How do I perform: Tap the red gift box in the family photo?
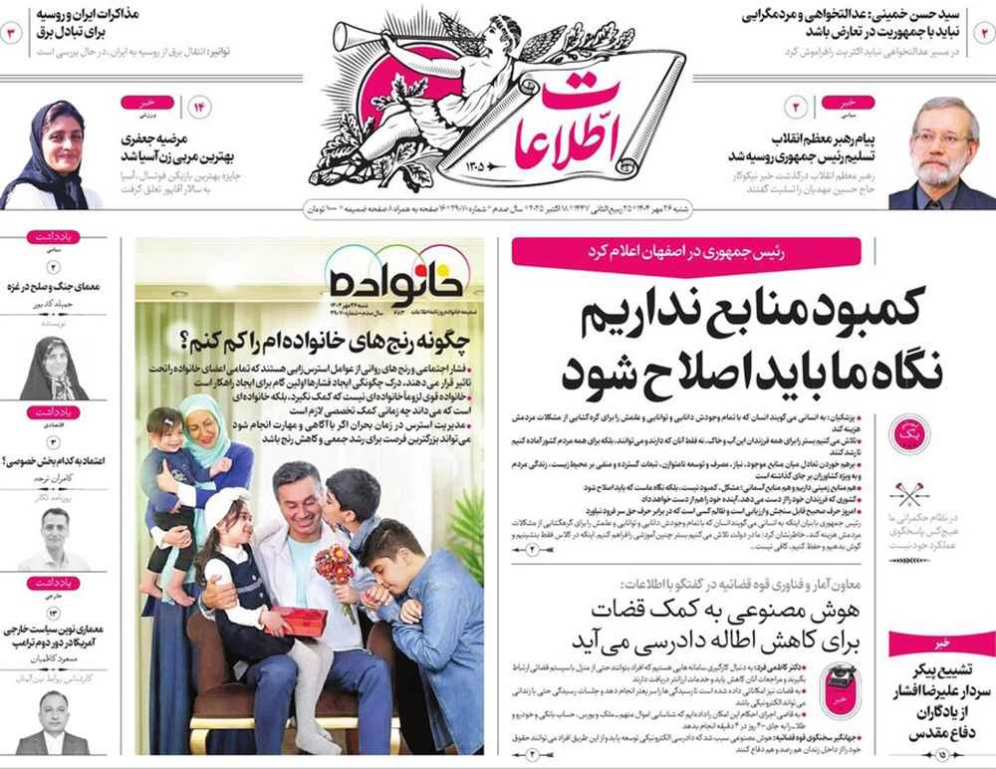click(x=298, y=621)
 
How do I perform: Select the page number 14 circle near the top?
click(x=197, y=107)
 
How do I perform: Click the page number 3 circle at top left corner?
click(x=14, y=31)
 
